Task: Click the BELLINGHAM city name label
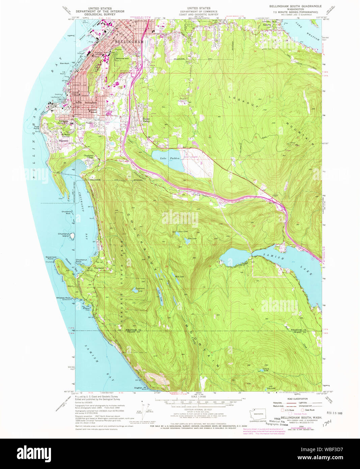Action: coord(129,42)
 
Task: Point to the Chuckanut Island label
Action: coord(63,235)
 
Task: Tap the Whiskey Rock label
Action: coord(63,298)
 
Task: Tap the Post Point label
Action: coord(36,128)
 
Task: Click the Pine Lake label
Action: coord(192,239)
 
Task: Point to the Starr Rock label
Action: coord(64,63)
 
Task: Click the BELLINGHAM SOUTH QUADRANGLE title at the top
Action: coord(295,6)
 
